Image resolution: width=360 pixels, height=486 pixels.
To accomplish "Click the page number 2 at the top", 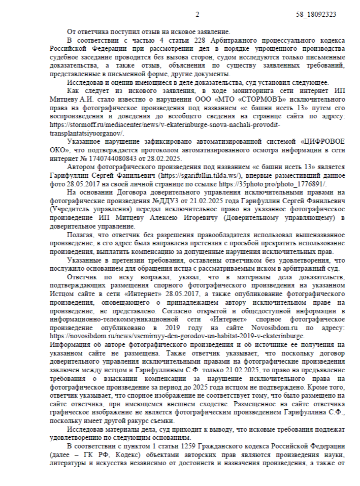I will click(x=198, y=15).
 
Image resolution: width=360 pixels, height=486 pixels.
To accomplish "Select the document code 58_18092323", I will click(x=316, y=15).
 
